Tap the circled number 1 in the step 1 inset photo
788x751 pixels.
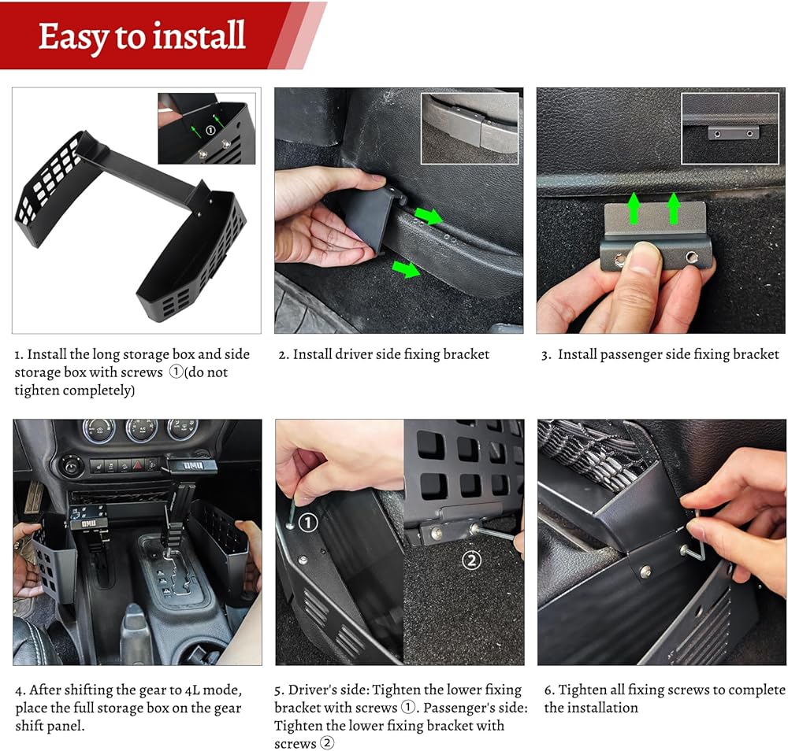(210, 130)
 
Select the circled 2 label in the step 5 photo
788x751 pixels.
(471, 560)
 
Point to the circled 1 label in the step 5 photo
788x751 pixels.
(307, 523)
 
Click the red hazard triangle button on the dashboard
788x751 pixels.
(138, 465)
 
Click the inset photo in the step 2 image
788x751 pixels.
(470, 128)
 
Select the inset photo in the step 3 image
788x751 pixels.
(730, 128)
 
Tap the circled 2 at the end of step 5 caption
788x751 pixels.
(327, 742)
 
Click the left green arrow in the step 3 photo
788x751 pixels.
(634, 208)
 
